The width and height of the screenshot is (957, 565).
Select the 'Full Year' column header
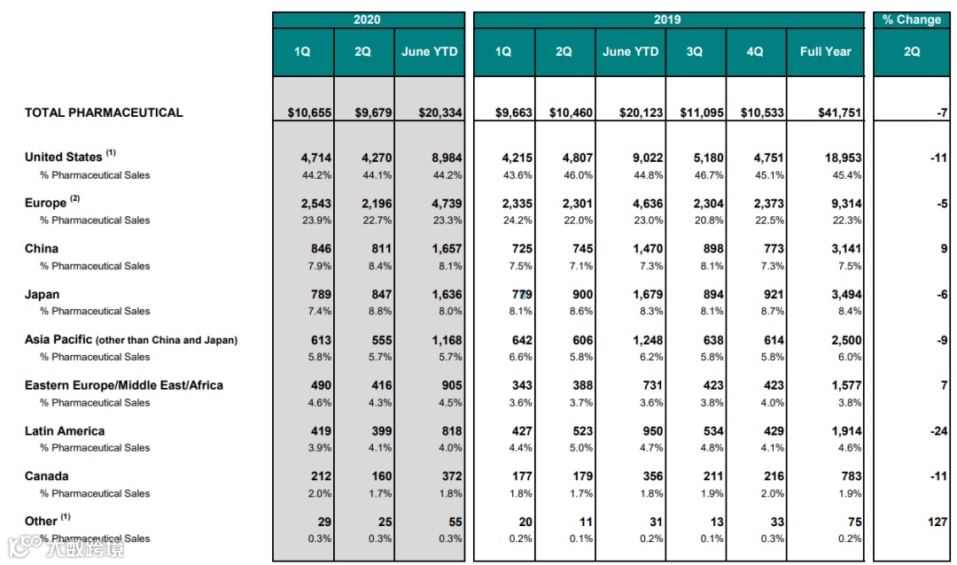(x=825, y=51)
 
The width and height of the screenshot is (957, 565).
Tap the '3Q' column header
(x=695, y=51)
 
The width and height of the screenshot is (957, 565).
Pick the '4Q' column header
(x=755, y=51)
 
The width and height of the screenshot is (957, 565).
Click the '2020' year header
(x=367, y=19)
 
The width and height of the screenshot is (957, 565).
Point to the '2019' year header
(x=667, y=19)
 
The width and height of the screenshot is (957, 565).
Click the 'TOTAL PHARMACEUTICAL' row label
(x=104, y=112)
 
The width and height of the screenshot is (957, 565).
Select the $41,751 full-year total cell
(x=837, y=113)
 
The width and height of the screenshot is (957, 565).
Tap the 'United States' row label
(x=64, y=157)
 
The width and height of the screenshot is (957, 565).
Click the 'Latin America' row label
(x=65, y=431)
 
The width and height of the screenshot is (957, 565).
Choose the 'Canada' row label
(x=47, y=476)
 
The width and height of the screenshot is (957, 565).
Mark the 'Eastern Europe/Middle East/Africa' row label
(x=124, y=385)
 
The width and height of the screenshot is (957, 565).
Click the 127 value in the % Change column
(x=938, y=522)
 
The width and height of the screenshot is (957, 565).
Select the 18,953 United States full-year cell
(x=841, y=158)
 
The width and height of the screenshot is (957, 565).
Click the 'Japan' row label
(x=42, y=294)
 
